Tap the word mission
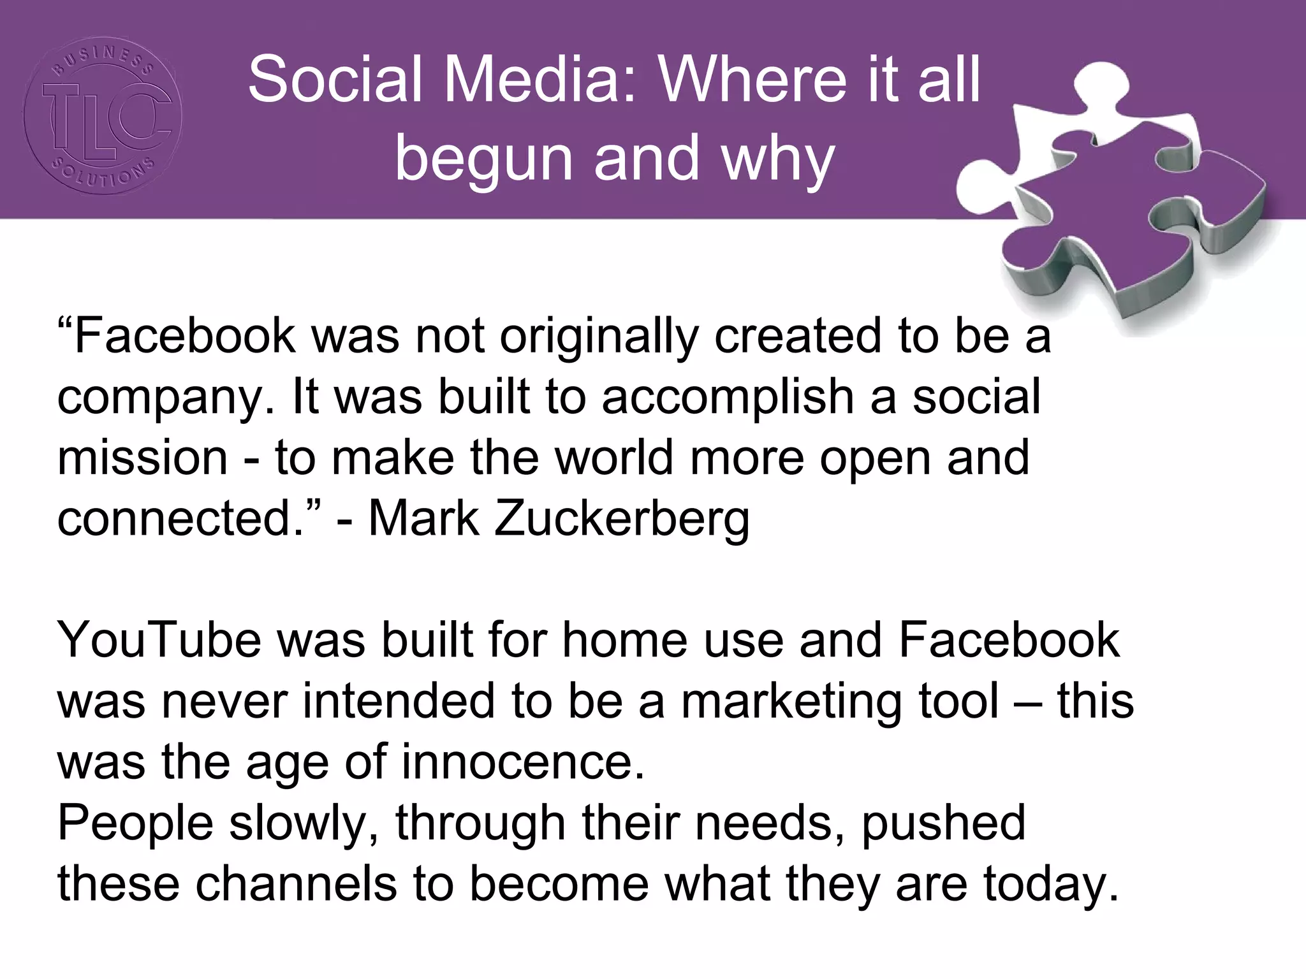142,458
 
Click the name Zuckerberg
622,518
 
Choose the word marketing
791,701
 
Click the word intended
398,701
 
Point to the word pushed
944,823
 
